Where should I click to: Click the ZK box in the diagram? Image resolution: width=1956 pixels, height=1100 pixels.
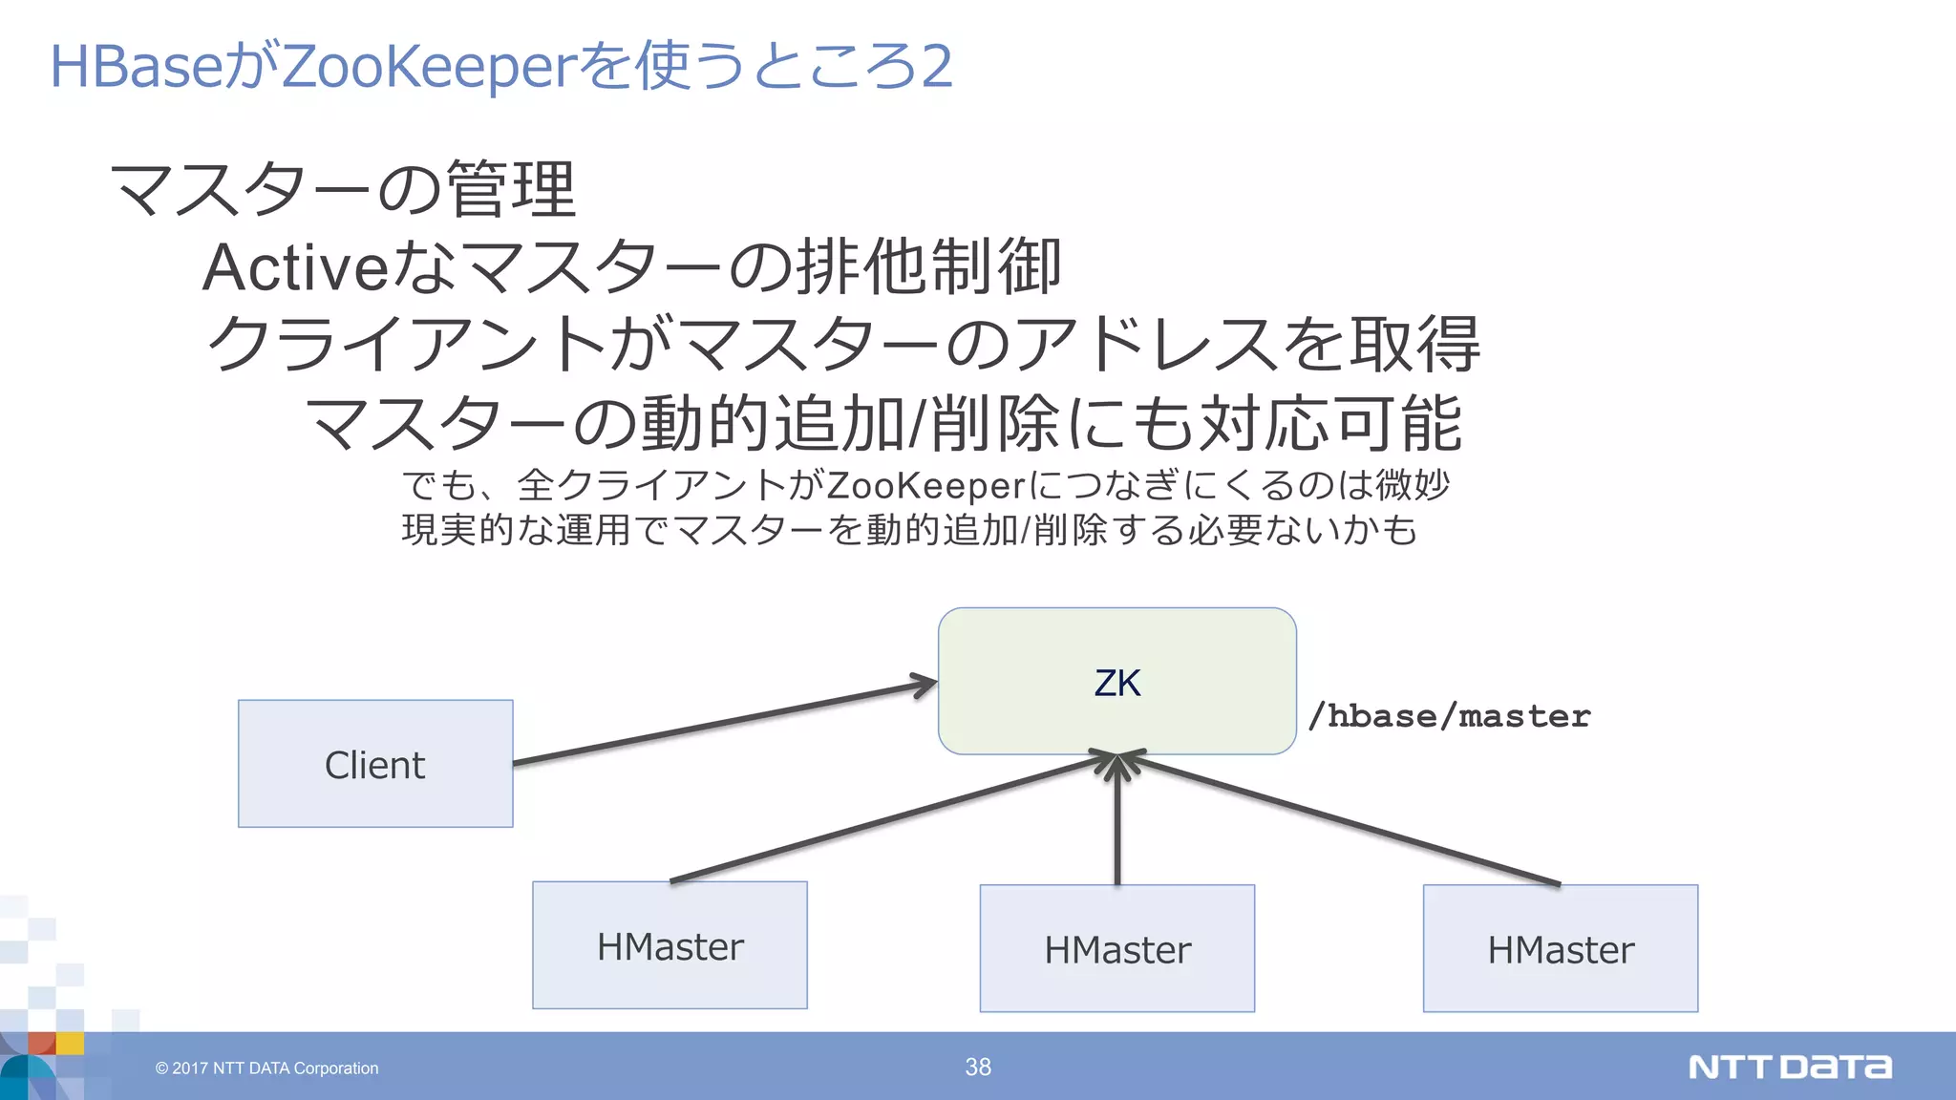pyautogui.click(x=1116, y=682)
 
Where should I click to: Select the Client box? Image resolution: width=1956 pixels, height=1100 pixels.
pyautogui.click(x=375, y=764)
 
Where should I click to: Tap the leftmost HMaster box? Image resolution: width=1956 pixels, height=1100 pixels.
pyautogui.click(x=670, y=945)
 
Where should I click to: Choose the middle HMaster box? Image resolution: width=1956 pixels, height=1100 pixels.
pyautogui.click(x=1116, y=948)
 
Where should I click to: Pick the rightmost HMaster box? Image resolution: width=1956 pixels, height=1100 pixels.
pyautogui.click(x=1560, y=948)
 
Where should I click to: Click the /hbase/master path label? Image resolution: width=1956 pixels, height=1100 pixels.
pyautogui.click(x=1448, y=716)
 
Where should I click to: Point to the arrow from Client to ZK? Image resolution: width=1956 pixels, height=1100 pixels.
pyautogui.click(x=726, y=723)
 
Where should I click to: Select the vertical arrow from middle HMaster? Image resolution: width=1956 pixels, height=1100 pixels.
pyautogui.click(x=1117, y=821)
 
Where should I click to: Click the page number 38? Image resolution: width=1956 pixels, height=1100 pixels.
pyautogui.click(x=978, y=1067)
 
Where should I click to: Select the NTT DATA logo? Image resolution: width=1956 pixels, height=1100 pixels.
pyautogui.click(x=1789, y=1067)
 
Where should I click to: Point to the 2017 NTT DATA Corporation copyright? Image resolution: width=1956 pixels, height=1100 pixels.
pyautogui.click(x=267, y=1068)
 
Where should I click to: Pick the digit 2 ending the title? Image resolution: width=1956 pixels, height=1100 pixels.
pyautogui.click(x=936, y=67)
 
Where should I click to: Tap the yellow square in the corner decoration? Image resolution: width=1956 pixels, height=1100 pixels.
pyautogui.click(x=70, y=1043)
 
